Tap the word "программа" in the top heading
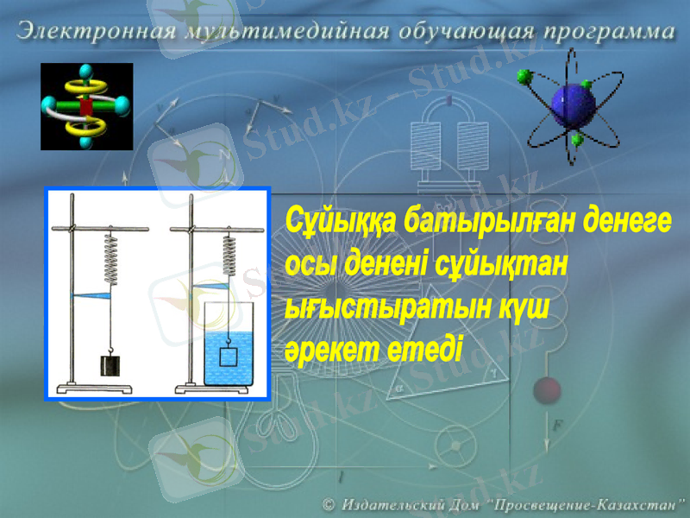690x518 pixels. click(x=608, y=34)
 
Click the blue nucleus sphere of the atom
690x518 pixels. click(x=574, y=104)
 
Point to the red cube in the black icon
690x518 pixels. click(x=85, y=106)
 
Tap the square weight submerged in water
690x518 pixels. click(x=229, y=356)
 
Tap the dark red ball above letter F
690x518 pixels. click(x=546, y=391)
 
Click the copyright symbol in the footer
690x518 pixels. click(x=329, y=502)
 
